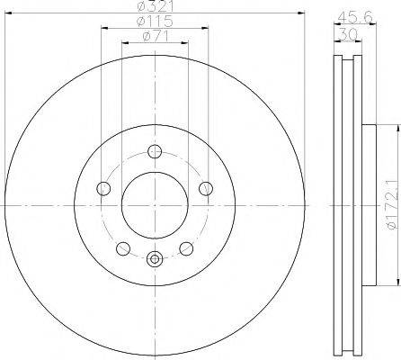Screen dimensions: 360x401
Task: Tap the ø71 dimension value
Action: pyautogui.click(x=154, y=35)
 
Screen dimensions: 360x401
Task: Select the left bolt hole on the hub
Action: pyautogui.click(x=102, y=189)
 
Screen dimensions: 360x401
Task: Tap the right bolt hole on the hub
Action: pyautogui.click(x=206, y=189)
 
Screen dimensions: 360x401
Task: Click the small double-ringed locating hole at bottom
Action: pyautogui.click(x=155, y=260)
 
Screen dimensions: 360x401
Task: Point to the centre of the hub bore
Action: pyautogui.click(x=155, y=206)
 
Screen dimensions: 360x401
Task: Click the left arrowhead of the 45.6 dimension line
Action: pyautogui.click(x=334, y=22)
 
